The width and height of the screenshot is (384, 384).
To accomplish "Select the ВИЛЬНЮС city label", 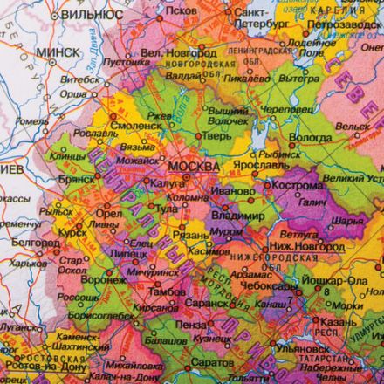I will (x=86, y=15).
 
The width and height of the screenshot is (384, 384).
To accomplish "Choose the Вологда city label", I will (x=311, y=136).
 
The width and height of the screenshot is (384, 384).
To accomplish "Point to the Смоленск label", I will (x=127, y=125).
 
